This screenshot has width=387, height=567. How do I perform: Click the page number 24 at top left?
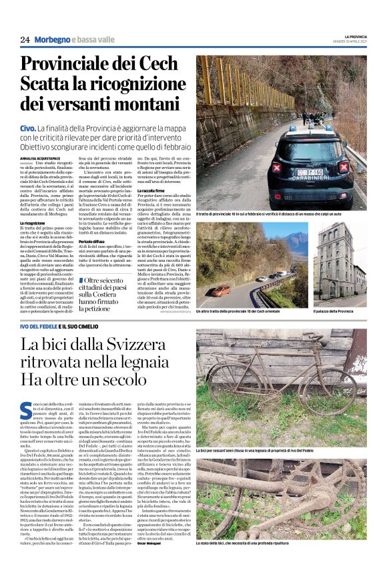(25, 40)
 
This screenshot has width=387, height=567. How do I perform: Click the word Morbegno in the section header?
(51, 40)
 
